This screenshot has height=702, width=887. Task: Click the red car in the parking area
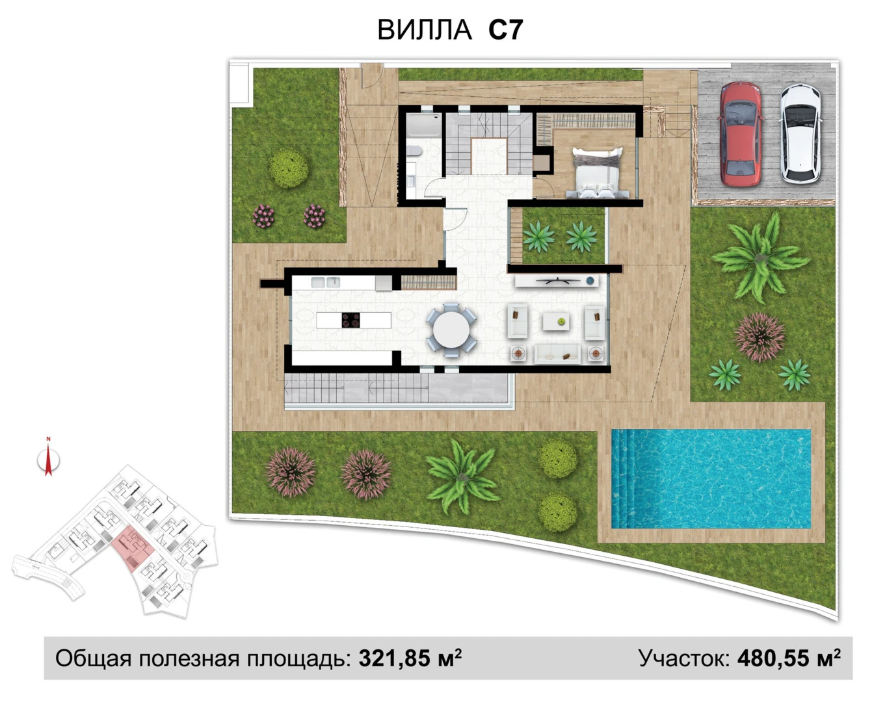740,134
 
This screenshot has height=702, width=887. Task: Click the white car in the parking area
801,134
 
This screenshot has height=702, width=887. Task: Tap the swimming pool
711,478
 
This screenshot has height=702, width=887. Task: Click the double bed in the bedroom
596,172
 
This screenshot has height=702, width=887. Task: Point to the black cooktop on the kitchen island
351,320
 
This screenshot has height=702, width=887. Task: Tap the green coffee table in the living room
556,321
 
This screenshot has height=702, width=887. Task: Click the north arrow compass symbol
48,460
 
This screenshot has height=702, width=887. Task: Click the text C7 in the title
505,30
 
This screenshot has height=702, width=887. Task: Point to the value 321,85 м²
410,658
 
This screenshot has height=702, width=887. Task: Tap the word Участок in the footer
684,658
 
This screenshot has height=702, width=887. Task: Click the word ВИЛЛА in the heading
425,30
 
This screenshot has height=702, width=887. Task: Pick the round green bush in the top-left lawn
288,168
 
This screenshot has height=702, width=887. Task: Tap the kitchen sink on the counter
325,282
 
